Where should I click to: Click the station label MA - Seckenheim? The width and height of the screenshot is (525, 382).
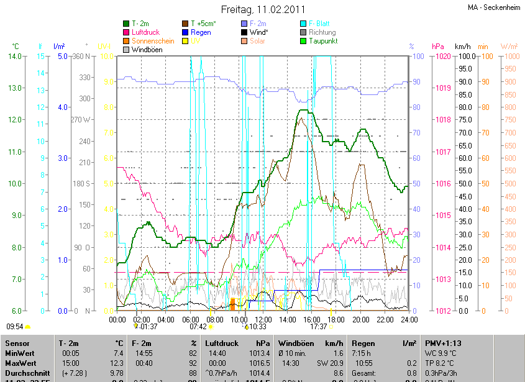(x=493, y=7)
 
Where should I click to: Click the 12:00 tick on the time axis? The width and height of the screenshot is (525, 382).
(x=263, y=319)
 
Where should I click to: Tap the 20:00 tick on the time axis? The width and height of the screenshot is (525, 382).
(x=360, y=319)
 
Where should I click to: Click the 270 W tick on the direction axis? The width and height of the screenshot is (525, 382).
(x=81, y=120)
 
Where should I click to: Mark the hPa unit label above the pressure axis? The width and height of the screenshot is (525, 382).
(x=437, y=47)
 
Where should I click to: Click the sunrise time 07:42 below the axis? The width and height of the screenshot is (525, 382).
(x=198, y=326)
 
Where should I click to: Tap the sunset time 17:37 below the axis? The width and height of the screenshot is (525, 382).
(x=319, y=326)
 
